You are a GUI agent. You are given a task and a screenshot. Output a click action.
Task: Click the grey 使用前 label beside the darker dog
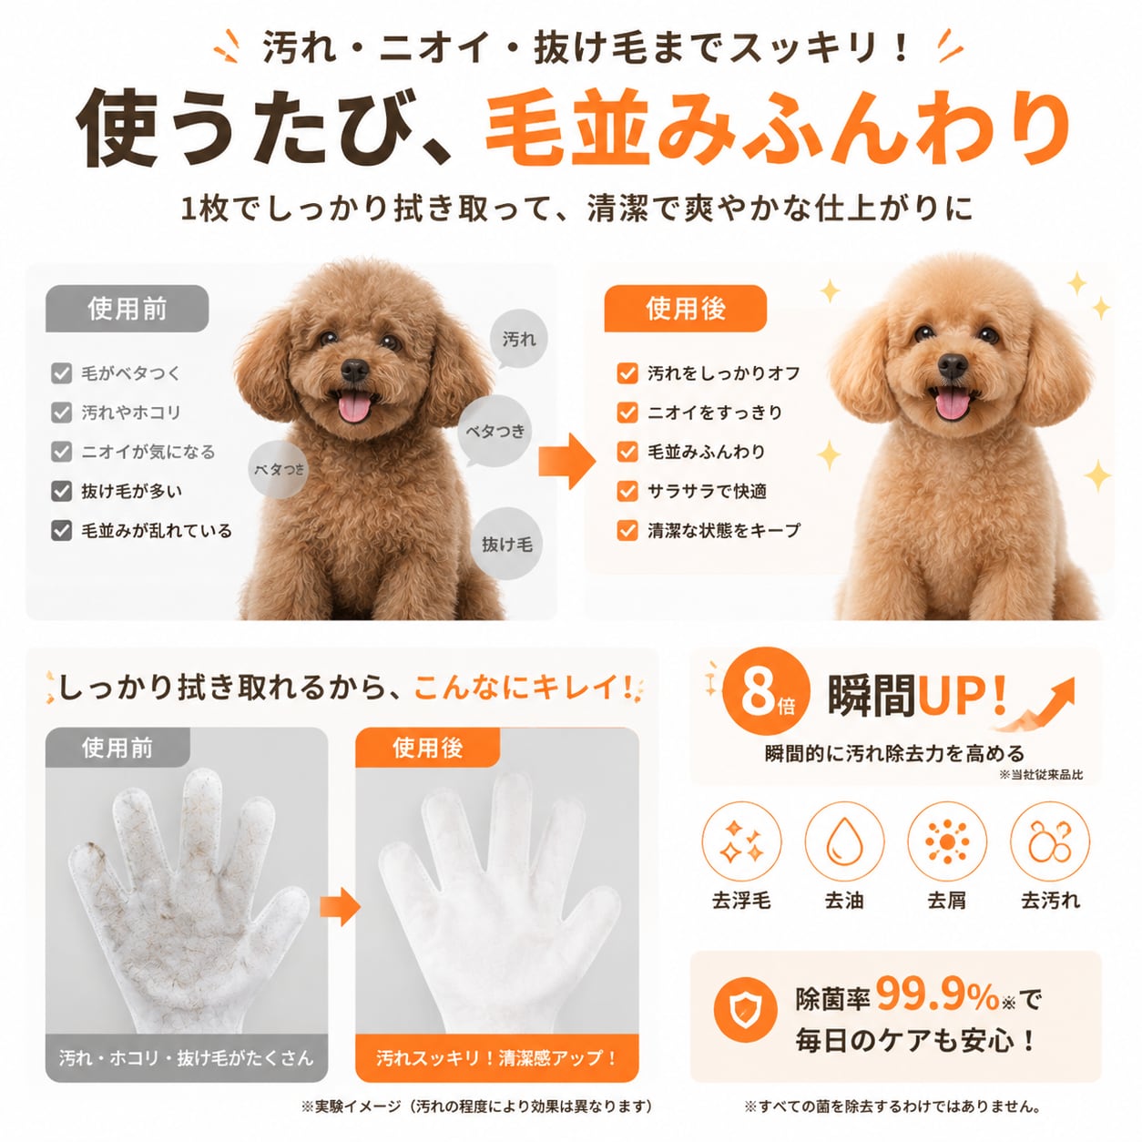127,308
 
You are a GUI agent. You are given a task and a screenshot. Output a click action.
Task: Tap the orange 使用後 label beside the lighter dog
685,308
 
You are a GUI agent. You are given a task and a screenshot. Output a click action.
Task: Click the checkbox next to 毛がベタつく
62,373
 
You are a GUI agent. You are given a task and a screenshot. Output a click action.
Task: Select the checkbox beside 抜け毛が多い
62,491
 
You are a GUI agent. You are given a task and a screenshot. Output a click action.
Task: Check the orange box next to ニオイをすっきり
627,413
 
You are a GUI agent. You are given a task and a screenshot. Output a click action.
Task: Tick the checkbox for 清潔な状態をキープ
627,530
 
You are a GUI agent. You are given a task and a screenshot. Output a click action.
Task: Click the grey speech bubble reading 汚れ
518,340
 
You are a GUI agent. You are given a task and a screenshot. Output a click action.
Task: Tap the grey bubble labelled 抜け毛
507,544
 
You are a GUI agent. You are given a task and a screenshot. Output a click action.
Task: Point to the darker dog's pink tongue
353,408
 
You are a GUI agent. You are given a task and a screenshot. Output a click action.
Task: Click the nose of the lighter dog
953,365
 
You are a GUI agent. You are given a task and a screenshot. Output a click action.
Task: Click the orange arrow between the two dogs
566,461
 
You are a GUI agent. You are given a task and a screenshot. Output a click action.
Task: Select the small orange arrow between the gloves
340,906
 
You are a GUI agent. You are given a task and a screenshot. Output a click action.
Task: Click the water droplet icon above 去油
844,841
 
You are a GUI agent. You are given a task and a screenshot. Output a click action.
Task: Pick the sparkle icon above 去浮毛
741,841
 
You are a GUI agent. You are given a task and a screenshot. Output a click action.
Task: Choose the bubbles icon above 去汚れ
1049,841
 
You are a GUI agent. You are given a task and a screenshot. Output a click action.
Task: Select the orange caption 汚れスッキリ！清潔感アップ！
496,1058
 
